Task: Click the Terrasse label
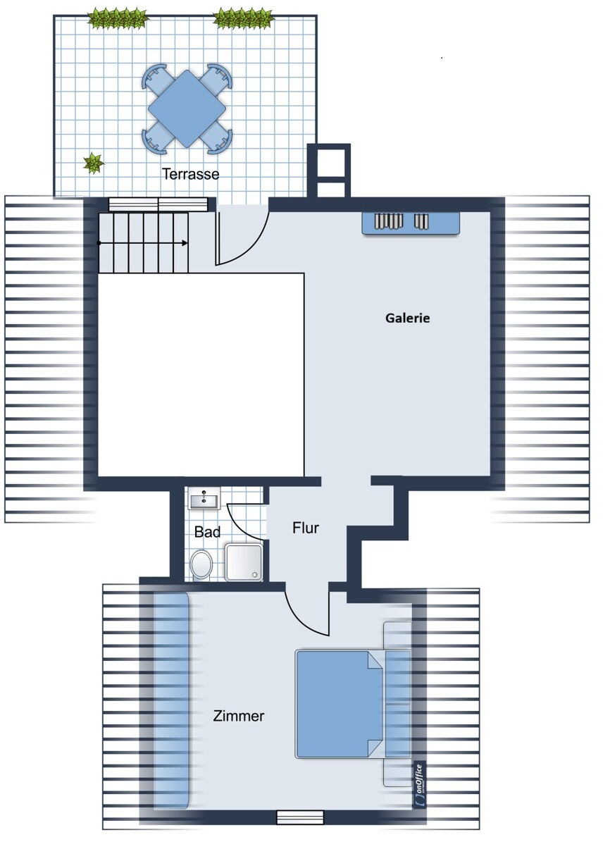190,173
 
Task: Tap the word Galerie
407,318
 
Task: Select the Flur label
306,528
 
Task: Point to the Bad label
207,532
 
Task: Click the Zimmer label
239,716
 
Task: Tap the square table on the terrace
187,109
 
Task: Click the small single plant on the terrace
93,163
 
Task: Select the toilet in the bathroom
201,565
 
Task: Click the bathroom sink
204,499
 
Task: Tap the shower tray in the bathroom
244,562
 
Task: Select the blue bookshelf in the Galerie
411,223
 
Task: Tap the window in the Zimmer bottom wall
299,817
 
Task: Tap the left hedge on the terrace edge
118,18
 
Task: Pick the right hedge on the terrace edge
243,18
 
